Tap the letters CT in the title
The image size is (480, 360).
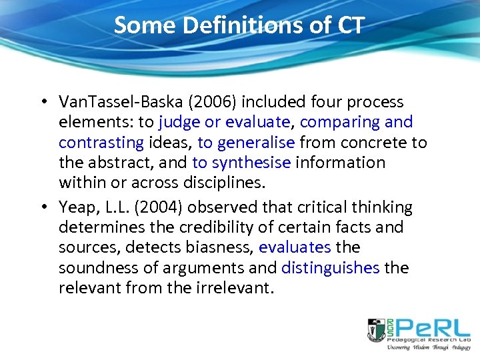pos(349,25)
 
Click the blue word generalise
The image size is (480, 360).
pos(255,143)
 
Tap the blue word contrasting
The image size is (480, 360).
pos(101,143)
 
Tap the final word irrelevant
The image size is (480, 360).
pos(237,288)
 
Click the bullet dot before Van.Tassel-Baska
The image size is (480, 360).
pos(43,103)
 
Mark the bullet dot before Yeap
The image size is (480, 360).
pos(43,207)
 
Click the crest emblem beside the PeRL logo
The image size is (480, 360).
pos(377,330)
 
